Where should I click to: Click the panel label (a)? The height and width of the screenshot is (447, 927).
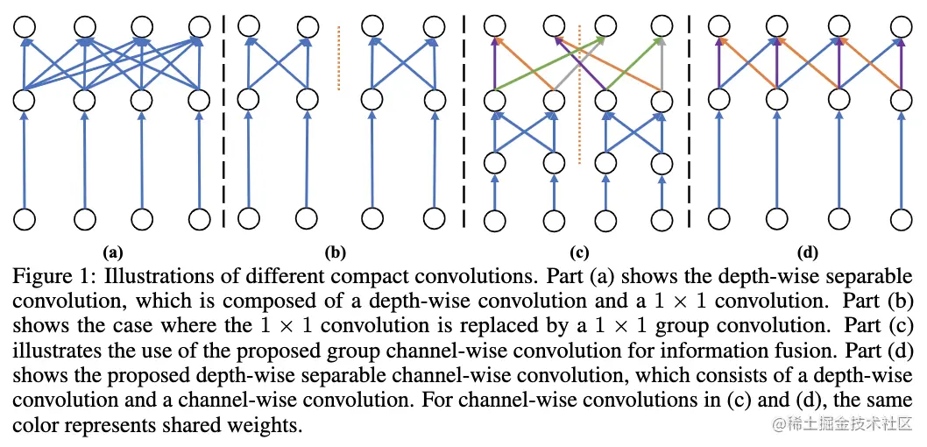coord(112,253)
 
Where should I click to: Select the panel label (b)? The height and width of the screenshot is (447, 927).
coord(335,253)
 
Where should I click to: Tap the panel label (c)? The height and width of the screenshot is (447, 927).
coord(578,253)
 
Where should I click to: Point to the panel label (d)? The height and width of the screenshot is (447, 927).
coord(808,253)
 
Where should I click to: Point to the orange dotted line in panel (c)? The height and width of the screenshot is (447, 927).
coord(579,96)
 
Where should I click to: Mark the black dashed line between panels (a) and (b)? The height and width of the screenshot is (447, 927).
coord(225,123)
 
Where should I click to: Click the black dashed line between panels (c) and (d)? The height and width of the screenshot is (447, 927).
coord(690,123)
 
